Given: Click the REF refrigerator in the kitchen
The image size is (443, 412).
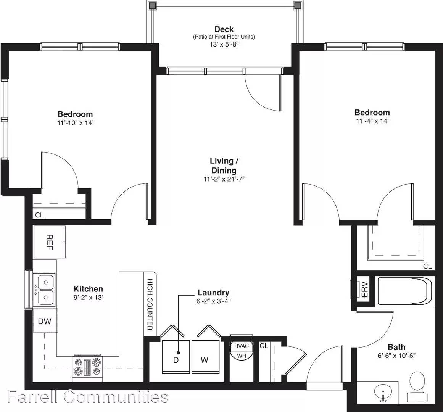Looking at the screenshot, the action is [x=50, y=242].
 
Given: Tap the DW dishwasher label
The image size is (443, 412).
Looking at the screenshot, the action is [x=45, y=321].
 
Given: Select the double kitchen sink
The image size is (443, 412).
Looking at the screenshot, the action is [x=44, y=290].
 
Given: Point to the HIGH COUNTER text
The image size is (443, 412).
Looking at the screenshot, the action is [x=150, y=304].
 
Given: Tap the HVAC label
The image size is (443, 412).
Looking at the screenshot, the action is [x=242, y=346].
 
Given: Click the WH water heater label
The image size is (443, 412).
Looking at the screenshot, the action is [x=242, y=356].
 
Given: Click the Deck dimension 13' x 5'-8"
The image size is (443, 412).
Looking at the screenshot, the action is [x=224, y=44].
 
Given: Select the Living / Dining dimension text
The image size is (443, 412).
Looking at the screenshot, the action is [x=224, y=179].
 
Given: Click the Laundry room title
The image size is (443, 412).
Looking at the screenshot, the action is [x=213, y=293].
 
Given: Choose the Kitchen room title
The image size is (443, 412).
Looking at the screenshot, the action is [x=89, y=289].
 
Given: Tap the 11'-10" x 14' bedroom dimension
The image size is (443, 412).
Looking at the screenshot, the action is [x=75, y=123].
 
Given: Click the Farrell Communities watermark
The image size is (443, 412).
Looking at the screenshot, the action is [x=88, y=397].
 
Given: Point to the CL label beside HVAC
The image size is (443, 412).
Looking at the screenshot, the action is [x=264, y=346].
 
